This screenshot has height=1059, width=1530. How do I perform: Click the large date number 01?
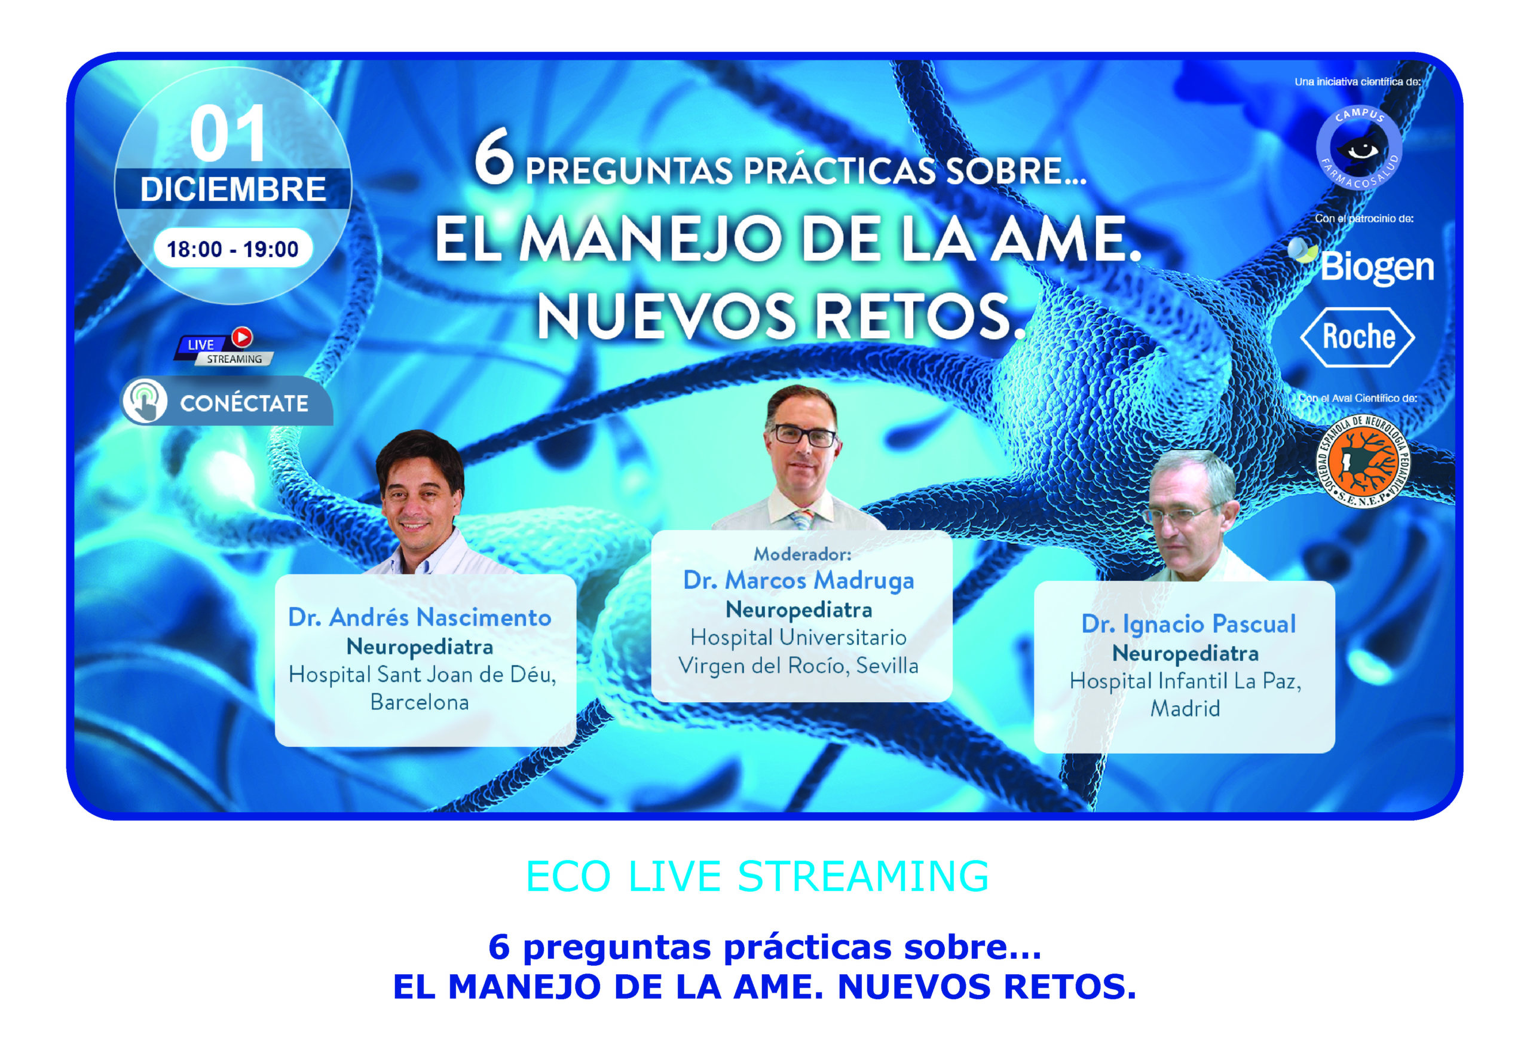click(228, 134)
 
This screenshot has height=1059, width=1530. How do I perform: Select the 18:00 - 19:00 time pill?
click(233, 249)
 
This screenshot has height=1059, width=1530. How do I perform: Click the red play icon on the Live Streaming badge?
click(242, 337)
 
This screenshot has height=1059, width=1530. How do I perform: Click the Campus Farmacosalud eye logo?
click(1359, 148)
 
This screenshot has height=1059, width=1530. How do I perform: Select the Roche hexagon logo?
click(1357, 337)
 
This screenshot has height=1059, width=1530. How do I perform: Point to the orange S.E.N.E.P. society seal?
click(1363, 461)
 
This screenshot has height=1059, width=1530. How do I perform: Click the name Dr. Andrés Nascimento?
click(420, 618)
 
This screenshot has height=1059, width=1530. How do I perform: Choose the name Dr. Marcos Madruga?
click(799, 580)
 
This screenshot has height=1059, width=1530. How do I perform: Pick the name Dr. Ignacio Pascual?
click(1188, 625)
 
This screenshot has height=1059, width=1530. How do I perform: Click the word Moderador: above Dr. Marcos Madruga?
click(802, 553)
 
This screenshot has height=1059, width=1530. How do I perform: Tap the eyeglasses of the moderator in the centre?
click(803, 435)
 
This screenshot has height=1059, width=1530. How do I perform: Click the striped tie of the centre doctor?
click(802, 518)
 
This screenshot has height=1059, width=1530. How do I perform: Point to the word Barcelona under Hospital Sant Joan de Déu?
click(420, 702)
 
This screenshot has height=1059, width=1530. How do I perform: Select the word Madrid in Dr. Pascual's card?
click(1185, 709)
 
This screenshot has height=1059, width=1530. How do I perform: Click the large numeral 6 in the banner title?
click(494, 157)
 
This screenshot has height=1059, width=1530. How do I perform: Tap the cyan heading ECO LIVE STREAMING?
click(757, 876)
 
